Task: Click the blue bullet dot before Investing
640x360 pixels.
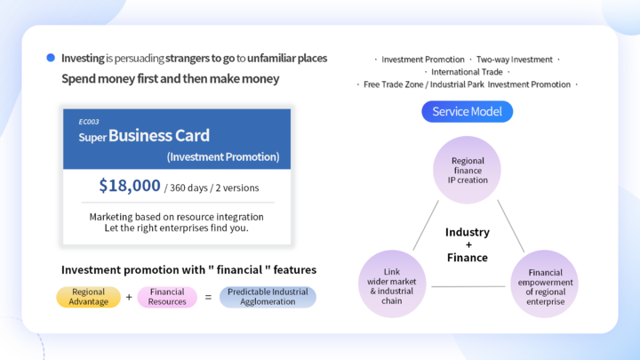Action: [51, 58]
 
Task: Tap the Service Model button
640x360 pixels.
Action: [467, 111]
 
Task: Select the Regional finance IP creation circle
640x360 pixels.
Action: [467, 170]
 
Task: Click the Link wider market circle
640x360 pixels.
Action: [392, 284]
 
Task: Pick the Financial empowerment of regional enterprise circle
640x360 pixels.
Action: [545, 284]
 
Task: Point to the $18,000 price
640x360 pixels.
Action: [130, 186]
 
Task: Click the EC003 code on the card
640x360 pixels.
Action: [89, 122]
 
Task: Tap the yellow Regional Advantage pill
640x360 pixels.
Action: [89, 297]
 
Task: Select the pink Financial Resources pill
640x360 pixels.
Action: [167, 297]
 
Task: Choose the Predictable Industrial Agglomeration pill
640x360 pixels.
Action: [268, 297]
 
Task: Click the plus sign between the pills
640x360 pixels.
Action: [129, 297]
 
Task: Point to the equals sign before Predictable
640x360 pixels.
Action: [208, 297]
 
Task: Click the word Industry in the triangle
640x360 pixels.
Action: [468, 232]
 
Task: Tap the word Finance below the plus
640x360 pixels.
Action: [468, 258]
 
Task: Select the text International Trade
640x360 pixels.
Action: [467, 72]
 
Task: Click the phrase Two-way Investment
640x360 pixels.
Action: [515, 60]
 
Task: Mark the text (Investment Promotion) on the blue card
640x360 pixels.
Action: [223, 156]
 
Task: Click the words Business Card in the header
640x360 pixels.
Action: [159, 135]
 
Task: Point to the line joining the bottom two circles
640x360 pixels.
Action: [468, 286]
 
